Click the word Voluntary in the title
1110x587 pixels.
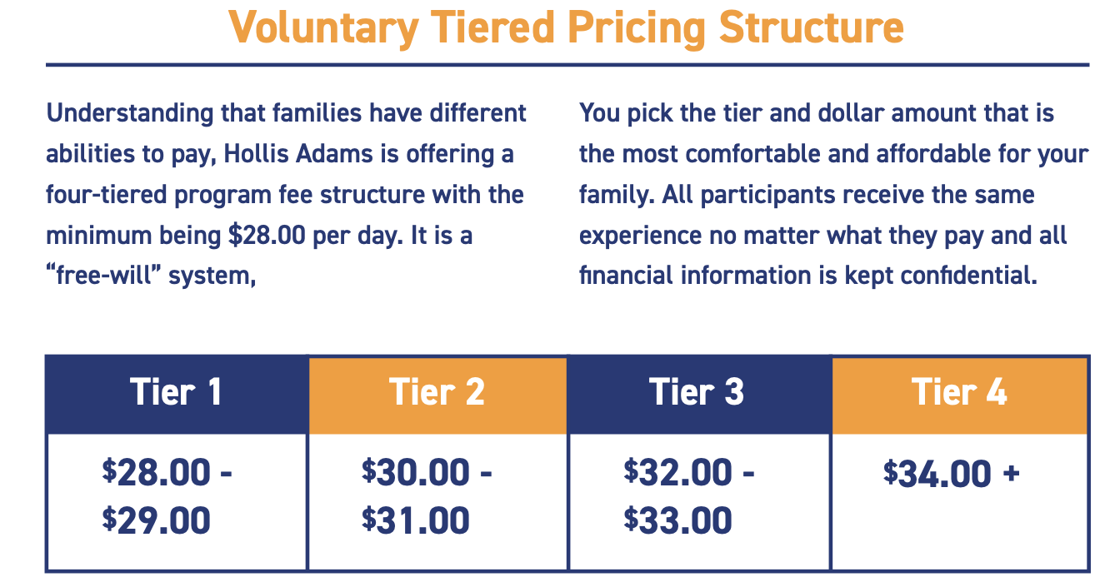[323, 28]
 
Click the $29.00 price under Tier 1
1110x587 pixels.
[156, 520]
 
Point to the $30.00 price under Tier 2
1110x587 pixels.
[415, 471]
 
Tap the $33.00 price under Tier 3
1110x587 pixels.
[677, 520]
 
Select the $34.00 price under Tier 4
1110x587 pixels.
[937, 474]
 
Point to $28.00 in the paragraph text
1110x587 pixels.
[267, 235]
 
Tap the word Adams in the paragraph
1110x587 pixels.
[334, 153]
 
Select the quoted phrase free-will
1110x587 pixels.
[103, 276]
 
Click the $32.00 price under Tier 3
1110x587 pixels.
[677, 471]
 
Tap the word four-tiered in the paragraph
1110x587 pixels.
[106, 195]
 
